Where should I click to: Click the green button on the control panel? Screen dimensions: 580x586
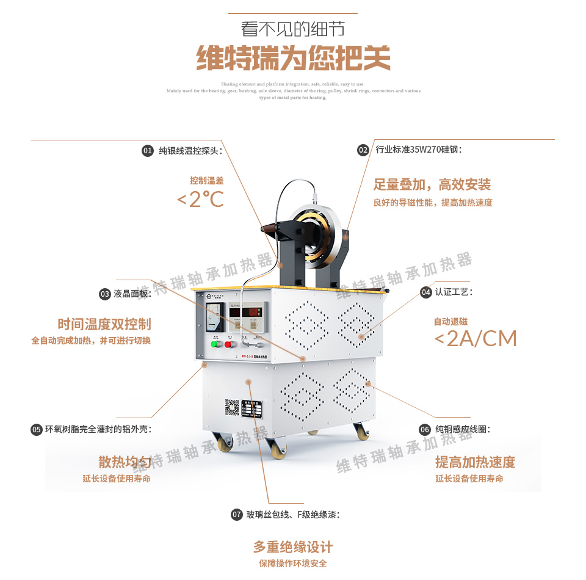[214, 344]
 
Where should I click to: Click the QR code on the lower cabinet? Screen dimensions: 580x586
[232, 407]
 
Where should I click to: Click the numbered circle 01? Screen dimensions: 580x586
[148, 150]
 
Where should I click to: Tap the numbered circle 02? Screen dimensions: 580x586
[363, 150]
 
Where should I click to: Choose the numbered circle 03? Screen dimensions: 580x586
[105, 294]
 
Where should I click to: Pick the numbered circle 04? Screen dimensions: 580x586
[426, 292]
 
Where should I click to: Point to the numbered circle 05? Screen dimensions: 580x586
[37, 430]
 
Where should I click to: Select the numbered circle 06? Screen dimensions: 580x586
[425, 430]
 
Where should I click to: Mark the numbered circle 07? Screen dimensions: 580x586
[237, 515]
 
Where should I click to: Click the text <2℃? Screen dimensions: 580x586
[200, 199]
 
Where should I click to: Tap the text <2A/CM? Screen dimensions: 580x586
[476, 338]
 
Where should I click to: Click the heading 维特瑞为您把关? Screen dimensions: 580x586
[293, 59]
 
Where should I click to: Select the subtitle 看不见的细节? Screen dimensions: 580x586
[293, 29]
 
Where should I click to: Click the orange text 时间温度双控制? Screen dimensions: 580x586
[104, 324]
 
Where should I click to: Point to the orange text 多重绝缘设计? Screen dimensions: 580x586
[293, 546]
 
